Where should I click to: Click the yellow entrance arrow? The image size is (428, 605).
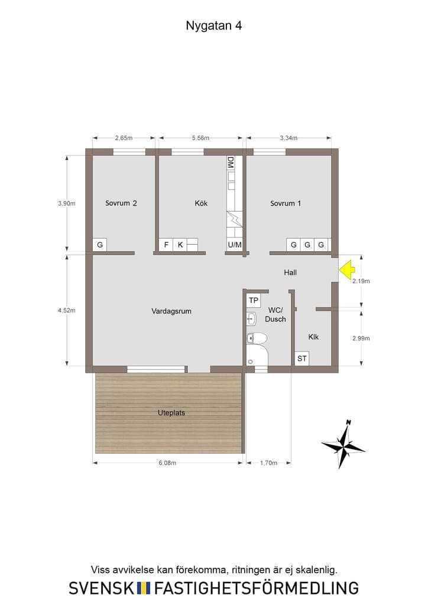click(347, 269)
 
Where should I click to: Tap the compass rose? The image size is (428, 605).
click(343, 444)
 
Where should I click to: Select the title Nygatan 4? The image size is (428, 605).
click(214, 25)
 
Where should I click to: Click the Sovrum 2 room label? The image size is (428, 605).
click(121, 203)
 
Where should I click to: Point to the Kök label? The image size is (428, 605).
click(201, 203)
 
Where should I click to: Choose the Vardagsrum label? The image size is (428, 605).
click(171, 311)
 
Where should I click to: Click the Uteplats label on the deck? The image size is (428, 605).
click(171, 412)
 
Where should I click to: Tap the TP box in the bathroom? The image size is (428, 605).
click(253, 300)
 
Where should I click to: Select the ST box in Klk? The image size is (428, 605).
click(302, 359)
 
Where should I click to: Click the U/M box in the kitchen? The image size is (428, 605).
click(235, 245)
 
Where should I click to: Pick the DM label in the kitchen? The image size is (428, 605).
click(231, 162)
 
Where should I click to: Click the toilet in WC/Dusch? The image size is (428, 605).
click(257, 339)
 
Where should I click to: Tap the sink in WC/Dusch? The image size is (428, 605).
click(252, 318)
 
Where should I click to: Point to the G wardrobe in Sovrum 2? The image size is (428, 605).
click(99, 245)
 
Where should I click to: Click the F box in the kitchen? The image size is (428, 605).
click(166, 245)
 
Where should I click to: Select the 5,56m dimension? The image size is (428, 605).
click(200, 138)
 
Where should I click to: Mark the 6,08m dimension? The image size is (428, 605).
click(167, 463)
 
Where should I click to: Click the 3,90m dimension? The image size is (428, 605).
click(67, 203)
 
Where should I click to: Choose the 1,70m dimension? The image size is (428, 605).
click(268, 463)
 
